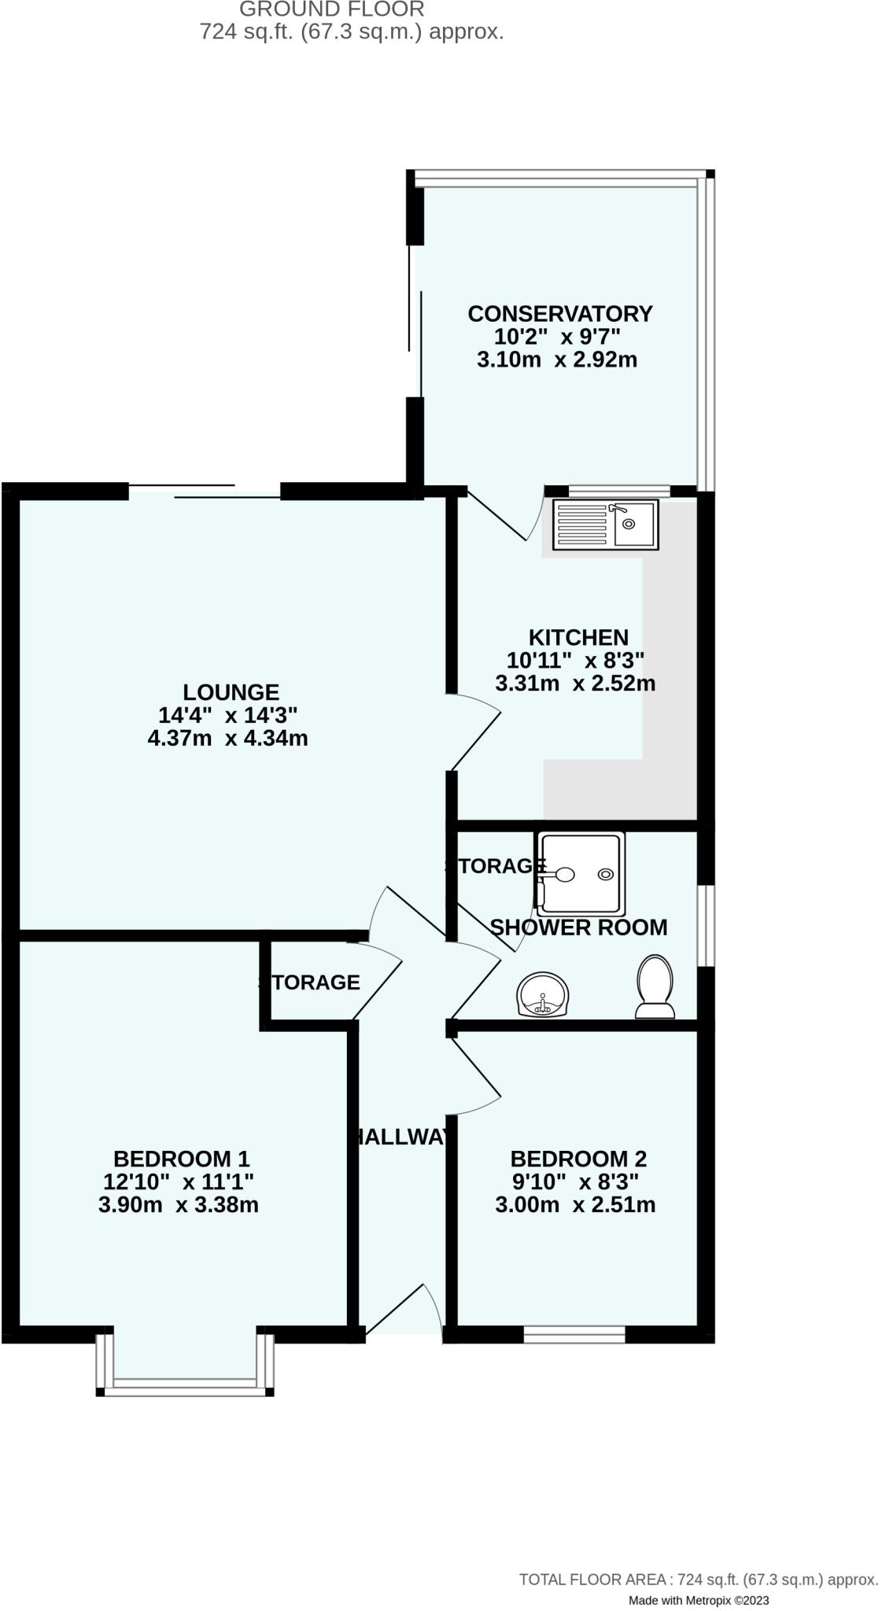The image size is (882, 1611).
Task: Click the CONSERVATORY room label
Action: click(559, 314)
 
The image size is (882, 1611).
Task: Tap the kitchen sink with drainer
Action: click(605, 525)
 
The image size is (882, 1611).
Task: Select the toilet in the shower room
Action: click(655, 986)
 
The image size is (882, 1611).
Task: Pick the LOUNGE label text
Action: click(231, 692)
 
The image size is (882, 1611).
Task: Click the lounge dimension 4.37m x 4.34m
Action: click(227, 739)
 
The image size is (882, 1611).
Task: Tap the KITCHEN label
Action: click(578, 637)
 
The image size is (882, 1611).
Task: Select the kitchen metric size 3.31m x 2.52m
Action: click(575, 684)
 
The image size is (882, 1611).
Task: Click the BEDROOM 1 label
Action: click(182, 1159)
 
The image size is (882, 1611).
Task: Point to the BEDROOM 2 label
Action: click(578, 1159)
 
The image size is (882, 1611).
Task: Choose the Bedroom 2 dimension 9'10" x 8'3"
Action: click(575, 1182)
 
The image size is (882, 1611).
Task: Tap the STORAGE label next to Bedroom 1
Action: click(310, 982)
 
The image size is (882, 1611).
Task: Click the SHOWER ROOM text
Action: click(578, 927)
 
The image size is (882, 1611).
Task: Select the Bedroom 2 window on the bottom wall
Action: click(574, 1335)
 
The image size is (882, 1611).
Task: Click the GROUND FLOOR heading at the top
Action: click(331, 9)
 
